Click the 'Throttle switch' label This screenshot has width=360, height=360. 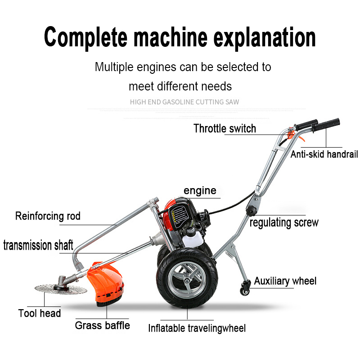point(225,129)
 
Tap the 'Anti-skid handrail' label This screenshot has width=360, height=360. point(324,154)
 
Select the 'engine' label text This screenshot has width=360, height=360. point(200,190)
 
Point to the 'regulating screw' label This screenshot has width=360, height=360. point(283,222)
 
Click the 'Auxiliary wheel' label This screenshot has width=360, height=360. point(285,281)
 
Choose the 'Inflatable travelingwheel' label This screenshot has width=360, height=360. point(197,328)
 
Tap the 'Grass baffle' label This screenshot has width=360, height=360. point(102,325)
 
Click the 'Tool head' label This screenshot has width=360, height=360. point(40,313)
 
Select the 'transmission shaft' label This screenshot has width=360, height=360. point(38,246)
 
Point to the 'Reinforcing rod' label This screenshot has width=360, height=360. point(48,216)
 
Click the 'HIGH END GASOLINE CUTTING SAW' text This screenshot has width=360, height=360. point(184,102)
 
